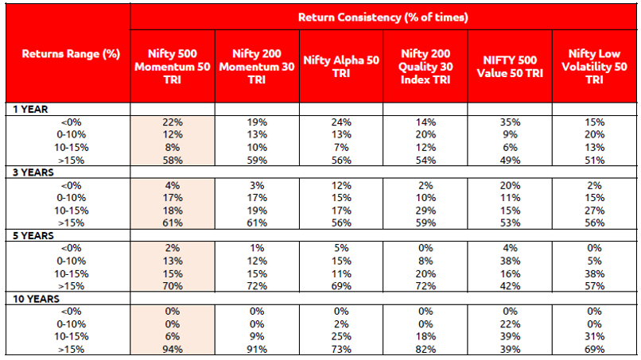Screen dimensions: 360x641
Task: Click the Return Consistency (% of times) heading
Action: pos(383,16)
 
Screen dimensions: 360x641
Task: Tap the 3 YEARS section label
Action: pos(28,172)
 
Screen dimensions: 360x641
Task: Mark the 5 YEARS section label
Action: pos(28,236)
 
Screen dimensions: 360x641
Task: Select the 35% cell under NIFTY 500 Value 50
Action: pos(510,123)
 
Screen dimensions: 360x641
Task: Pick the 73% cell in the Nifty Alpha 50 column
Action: pos(340,349)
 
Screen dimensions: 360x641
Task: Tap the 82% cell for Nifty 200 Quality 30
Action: pos(425,349)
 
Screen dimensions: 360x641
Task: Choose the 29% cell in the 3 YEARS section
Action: pos(425,209)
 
